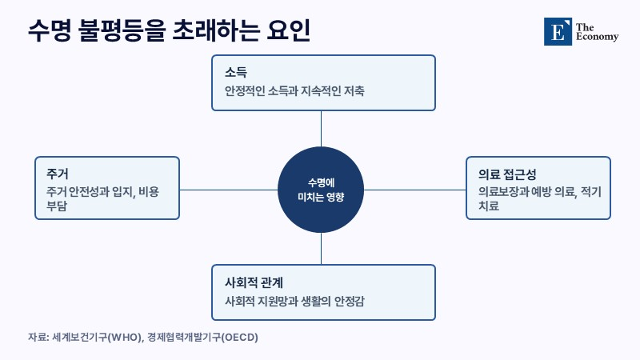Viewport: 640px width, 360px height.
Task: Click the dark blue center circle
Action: [321, 190]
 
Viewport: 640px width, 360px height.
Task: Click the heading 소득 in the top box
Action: [236, 72]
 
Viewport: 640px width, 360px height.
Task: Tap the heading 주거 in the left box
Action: [57, 174]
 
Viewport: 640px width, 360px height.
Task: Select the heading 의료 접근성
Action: [507, 174]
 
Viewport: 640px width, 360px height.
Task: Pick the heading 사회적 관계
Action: [254, 282]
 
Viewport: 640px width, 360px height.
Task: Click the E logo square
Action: [558, 31]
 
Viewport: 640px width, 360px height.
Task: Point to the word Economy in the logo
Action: [597, 37]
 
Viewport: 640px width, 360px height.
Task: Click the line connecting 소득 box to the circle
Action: [321, 129]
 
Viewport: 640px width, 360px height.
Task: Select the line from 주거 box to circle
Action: [229, 190]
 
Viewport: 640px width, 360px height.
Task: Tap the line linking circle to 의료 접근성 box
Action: [414, 190]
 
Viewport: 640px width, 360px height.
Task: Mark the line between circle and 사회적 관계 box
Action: [321, 249]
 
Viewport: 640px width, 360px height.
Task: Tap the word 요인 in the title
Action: [289, 30]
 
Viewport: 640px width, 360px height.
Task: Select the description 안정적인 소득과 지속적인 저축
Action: [294, 90]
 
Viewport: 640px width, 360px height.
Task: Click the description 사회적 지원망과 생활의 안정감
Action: [294, 302]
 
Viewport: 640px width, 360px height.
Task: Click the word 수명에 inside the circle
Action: [321, 182]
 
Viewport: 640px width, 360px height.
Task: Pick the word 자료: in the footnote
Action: [38, 338]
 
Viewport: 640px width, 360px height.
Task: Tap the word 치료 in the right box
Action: [489, 206]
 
